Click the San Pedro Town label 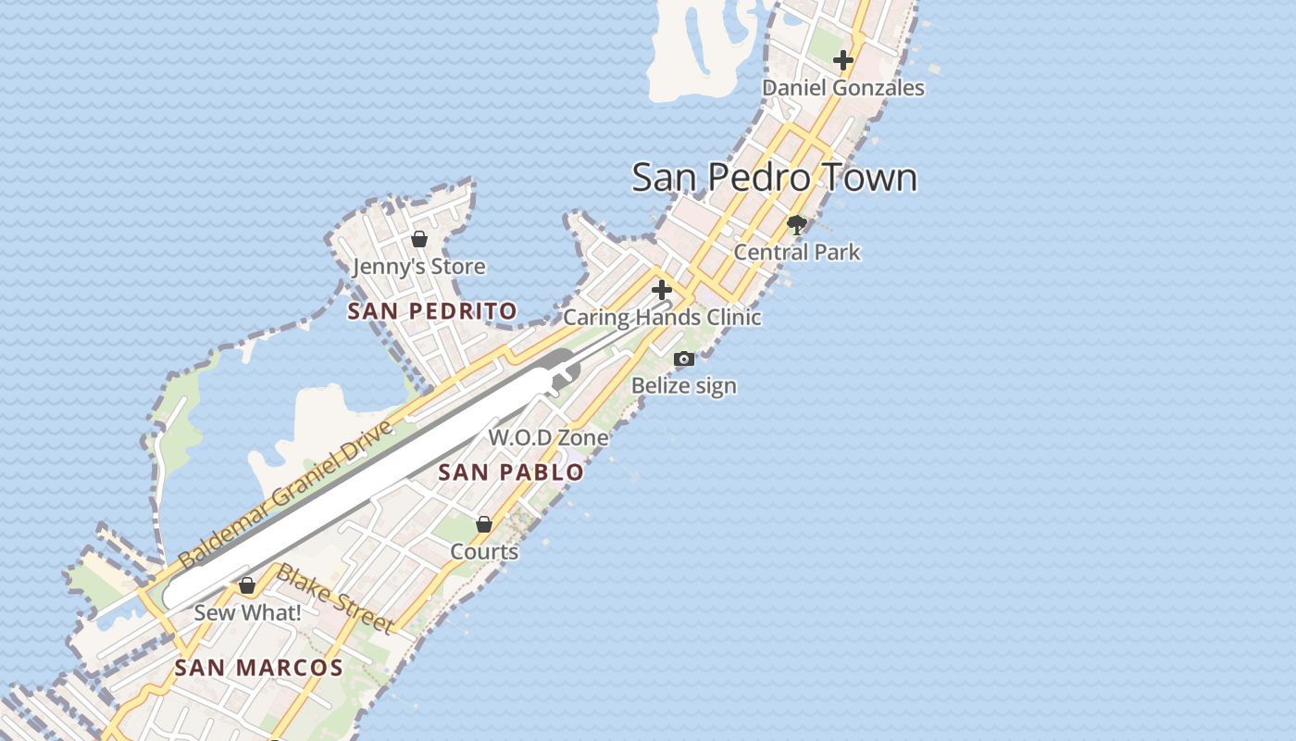point(774,177)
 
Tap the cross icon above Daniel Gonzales point(842,61)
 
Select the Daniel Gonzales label point(842,88)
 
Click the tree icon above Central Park point(796,224)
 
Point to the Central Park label point(796,252)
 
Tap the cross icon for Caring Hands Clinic point(661,289)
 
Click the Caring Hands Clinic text point(662,317)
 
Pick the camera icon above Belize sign point(684,359)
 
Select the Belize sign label point(684,385)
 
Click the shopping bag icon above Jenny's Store point(418,239)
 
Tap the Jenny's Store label point(418,267)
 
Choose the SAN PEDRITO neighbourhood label point(431,311)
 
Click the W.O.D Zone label point(548,437)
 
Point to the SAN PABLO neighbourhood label point(511,472)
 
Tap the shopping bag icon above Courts point(483,524)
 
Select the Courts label point(483,552)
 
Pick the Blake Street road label point(335,598)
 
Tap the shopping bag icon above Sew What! point(247,586)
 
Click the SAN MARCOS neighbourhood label point(258,668)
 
